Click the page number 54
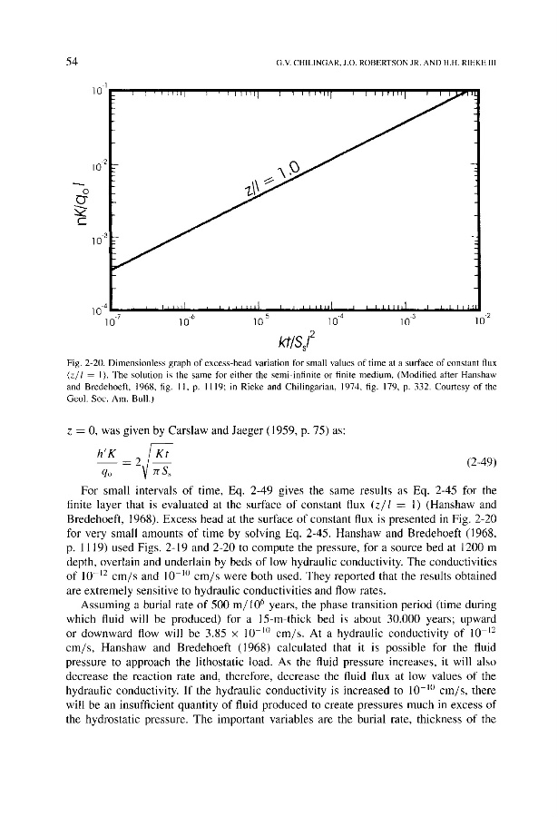click(70, 62)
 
